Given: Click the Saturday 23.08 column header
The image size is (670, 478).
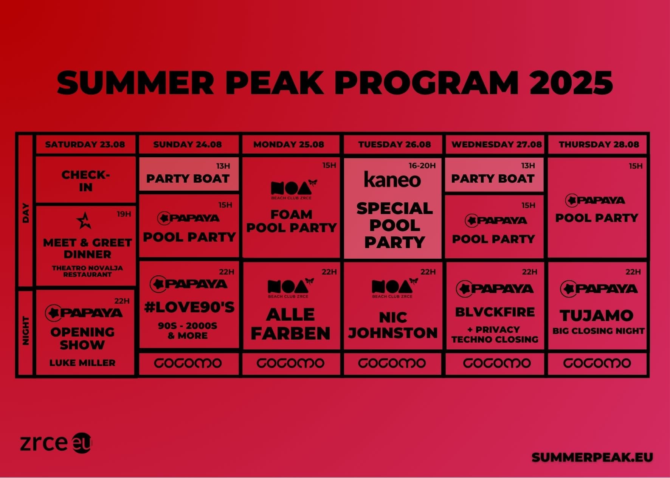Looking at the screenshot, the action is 85,144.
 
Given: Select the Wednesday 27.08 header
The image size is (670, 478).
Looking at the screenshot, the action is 496,144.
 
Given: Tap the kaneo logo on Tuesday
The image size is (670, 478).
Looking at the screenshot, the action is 392,180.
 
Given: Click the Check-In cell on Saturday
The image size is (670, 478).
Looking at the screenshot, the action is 86,181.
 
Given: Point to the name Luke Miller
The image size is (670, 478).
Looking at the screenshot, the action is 82,363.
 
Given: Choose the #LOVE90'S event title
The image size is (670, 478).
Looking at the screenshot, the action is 189,307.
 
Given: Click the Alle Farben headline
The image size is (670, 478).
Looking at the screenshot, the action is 290,324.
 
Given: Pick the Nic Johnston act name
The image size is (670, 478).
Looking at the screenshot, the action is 393,325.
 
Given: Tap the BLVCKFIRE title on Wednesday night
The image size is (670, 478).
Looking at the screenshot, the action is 495,312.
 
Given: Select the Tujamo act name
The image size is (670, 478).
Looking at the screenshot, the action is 597,315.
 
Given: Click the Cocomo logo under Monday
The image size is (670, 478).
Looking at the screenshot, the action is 290,363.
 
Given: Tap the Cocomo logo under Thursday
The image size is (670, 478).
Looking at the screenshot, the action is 597,363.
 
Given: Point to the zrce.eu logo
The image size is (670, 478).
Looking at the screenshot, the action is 56,443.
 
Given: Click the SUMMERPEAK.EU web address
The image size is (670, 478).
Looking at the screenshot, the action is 592,457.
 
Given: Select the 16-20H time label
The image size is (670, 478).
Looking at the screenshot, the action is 422,166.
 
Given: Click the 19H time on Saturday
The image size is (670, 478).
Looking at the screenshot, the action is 124,214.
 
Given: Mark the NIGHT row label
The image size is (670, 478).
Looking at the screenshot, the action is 26,331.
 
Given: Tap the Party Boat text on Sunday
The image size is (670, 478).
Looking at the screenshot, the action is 188,178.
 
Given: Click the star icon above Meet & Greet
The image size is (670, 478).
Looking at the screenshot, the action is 84,220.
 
